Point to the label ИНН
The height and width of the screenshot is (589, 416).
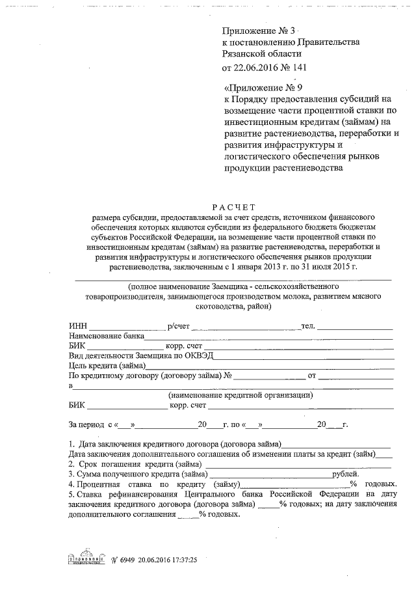click(x=78, y=326)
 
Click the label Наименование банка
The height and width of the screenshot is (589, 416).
click(x=106, y=336)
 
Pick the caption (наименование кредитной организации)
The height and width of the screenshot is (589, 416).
click(x=240, y=395)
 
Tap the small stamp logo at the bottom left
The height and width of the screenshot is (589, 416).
click(x=86, y=559)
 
